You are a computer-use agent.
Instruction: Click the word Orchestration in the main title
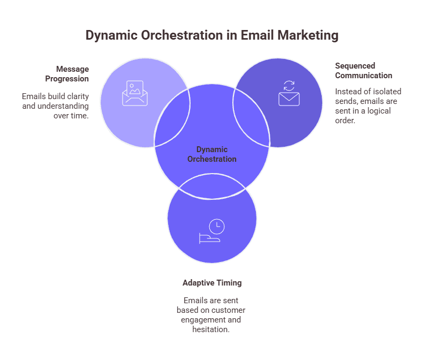click(x=173, y=35)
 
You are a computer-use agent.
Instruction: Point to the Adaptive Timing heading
click(x=212, y=282)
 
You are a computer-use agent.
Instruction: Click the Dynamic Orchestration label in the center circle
click(x=212, y=154)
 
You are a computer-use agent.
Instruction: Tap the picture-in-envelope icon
click(x=134, y=93)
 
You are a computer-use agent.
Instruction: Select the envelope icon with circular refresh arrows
click(x=289, y=93)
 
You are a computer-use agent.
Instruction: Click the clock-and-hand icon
click(x=211, y=231)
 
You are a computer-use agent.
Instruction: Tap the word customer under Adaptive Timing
click(x=228, y=310)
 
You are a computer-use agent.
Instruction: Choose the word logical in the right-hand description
click(x=377, y=111)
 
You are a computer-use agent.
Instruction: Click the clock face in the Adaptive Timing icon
click(x=217, y=226)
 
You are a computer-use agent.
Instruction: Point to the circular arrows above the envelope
click(x=289, y=86)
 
